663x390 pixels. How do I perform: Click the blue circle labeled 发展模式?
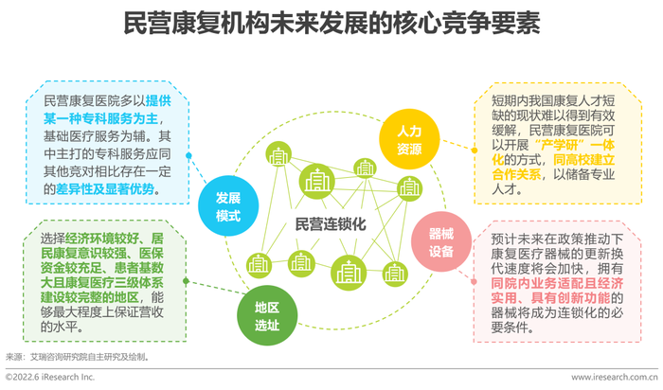(228, 205)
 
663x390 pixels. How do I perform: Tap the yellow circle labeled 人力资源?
(409, 139)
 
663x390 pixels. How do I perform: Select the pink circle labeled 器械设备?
(441, 241)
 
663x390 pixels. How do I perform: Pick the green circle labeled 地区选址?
(267, 315)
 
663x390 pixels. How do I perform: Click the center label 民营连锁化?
(331, 224)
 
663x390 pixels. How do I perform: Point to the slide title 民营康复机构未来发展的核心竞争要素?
(331, 23)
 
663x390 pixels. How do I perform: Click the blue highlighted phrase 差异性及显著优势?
(105, 189)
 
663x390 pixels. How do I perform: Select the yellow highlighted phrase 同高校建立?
(584, 160)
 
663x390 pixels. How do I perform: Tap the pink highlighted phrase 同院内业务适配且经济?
(557, 283)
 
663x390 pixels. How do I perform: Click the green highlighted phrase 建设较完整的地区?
(90, 297)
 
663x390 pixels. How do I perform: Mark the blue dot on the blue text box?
(188, 155)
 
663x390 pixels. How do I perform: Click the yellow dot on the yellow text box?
(475, 150)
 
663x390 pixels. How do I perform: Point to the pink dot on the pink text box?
(474, 281)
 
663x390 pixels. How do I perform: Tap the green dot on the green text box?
(186, 281)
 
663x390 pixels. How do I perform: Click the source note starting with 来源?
(78, 358)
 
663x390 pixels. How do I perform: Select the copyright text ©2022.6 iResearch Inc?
(50, 377)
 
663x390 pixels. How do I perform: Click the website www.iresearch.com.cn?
(615, 377)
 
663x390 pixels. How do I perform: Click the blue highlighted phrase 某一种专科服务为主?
(100, 118)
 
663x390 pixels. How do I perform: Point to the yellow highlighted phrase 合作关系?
(516, 174)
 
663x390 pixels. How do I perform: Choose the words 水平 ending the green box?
(65, 327)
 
